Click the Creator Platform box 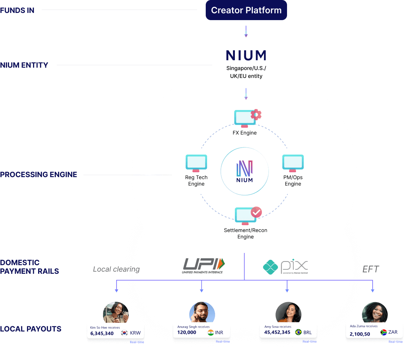(246, 10)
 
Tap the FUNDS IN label (17, 10)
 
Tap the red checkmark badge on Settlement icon (256, 212)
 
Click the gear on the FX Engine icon (256, 115)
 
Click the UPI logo (204, 266)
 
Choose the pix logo (285, 267)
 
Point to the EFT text (370, 269)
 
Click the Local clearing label (116, 269)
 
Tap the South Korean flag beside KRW (124, 333)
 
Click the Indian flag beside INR (211, 332)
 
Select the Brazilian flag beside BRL (298, 332)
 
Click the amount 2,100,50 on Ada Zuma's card (360, 334)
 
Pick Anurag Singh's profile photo (202, 313)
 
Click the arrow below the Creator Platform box (246, 31)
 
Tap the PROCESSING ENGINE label (38, 175)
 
